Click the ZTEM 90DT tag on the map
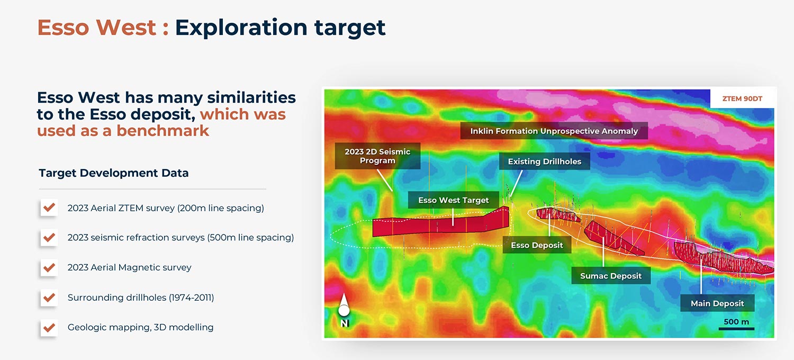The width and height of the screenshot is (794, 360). (742, 98)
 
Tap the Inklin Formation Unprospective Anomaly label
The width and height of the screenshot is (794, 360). (554, 131)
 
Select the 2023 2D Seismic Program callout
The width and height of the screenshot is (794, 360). (377, 156)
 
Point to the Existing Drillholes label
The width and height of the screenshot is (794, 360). (544, 161)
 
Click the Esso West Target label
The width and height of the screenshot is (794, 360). (453, 200)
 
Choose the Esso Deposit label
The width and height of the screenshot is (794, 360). (537, 245)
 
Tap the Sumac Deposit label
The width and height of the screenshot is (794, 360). (610, 276)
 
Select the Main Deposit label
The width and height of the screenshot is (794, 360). (717, 303)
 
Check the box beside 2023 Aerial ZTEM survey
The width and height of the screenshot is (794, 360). (49, 208)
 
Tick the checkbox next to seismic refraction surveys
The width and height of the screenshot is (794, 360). (49, 238)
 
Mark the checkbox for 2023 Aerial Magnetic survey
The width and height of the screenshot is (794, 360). (49, 267)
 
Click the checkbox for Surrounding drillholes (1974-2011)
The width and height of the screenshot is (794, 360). (49, 298)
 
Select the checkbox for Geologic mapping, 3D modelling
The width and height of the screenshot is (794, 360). (49, 327)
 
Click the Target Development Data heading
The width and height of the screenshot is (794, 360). (113, 173)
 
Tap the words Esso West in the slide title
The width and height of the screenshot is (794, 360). (96, 28)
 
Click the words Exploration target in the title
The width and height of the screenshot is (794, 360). (280, 28)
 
